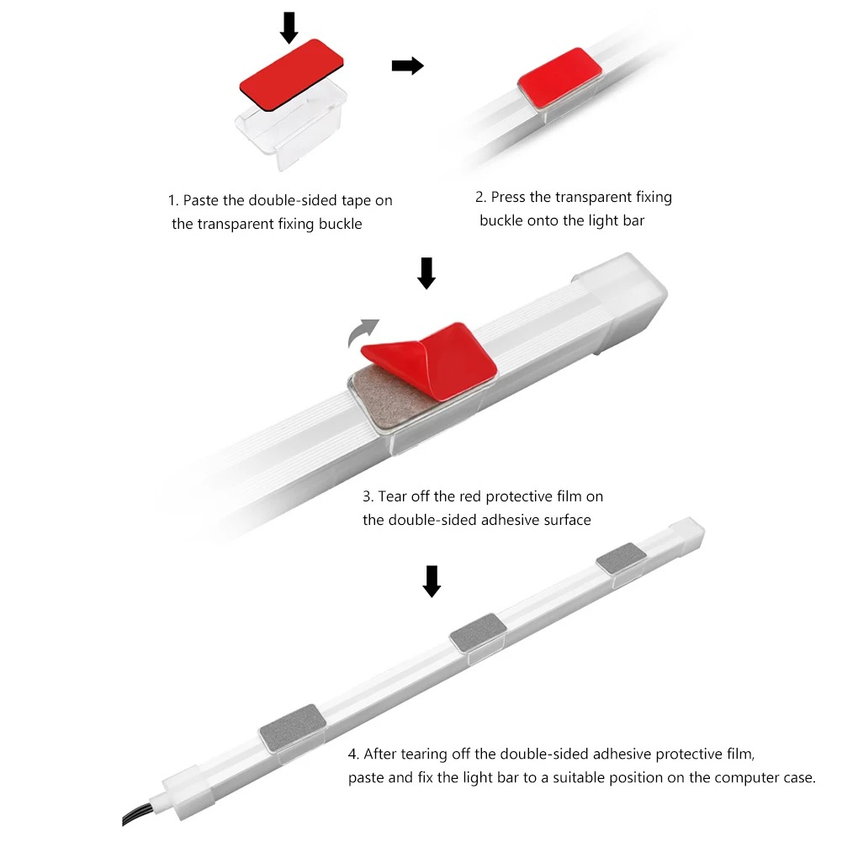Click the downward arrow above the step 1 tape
pyautogui.click(x=289, y=28)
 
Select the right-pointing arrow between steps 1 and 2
pyautogui.click(x=408, y=66)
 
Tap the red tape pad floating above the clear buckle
pyautogui.click(x=292, y=74)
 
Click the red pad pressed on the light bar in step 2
pyautogui.click(x=559, y=79)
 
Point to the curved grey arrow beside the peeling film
pyautogui.click(x=361, y=331)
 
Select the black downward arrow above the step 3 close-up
pyautogui.click(x=426, y=273)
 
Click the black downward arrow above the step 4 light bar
pyautogui.click(x=432, y=581)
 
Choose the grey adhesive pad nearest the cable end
pyautogui.click(x=292, y=727)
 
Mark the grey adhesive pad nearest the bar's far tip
pyautogui.click(x=622, y=558)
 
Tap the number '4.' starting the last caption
pyautogui.click(x=353, y=755)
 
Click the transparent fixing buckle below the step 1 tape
pyautogui.click(x=292, y=127)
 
